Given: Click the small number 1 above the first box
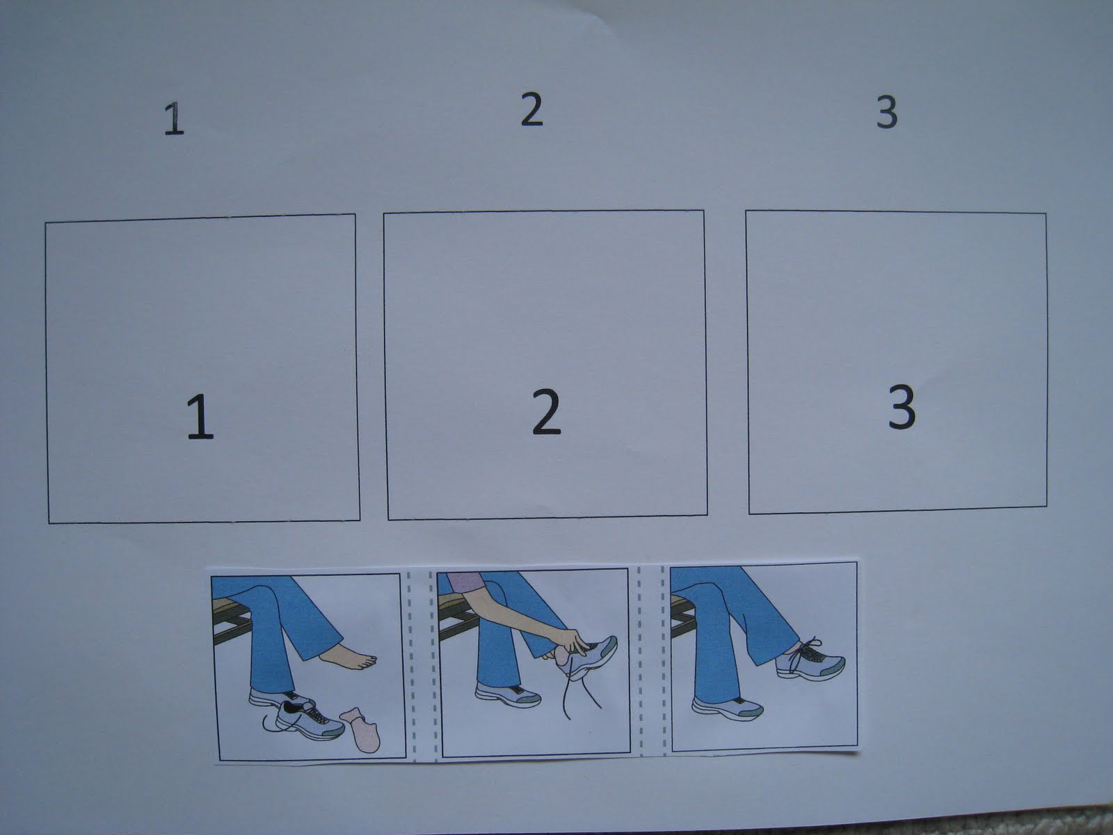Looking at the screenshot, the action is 174,118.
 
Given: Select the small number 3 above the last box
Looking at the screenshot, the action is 887,112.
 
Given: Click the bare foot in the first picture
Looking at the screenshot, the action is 349,658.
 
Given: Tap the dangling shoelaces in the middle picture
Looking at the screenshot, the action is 581,687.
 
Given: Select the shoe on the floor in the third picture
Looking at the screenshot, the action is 727,708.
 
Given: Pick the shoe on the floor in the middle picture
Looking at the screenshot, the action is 508,694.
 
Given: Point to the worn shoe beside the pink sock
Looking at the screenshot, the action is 282,699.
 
